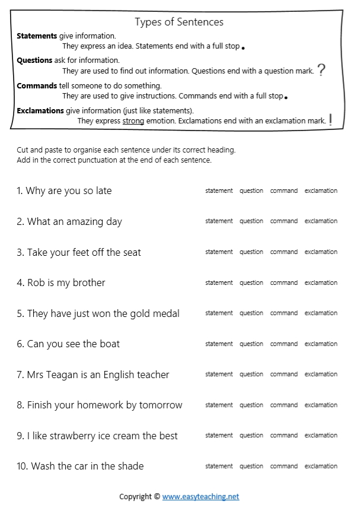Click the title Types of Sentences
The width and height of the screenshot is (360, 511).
[179, 22]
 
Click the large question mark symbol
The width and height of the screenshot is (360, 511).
[321, 71]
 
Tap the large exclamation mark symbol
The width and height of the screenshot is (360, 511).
[330, 119]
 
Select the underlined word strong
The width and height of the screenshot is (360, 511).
[133, 121]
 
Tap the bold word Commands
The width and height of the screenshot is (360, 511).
[37, 86]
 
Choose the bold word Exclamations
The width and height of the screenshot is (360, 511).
[40, 111]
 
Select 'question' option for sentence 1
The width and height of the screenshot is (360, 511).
[251, 191]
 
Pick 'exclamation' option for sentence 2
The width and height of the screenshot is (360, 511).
[321, 221]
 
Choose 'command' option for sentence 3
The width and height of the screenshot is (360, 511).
[284, 252]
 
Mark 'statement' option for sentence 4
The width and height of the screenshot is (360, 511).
[219, 283]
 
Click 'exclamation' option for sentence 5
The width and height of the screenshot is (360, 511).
[321, 313]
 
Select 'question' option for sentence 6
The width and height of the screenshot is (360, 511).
[251, 344]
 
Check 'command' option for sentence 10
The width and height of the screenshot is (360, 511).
[284, 466]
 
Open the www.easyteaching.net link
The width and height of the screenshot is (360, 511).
[200, 497]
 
